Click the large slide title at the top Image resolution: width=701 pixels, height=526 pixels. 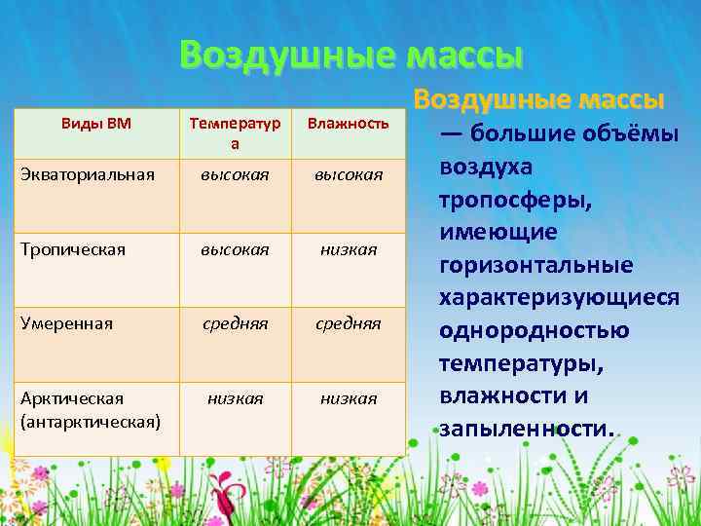pos(350,55)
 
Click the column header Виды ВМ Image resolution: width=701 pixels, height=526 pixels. pos(95,123)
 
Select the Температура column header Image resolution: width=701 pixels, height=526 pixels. pos(235,132)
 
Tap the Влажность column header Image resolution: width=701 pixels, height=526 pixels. pos(348,123)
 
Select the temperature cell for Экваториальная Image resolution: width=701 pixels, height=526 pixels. pos(235,174)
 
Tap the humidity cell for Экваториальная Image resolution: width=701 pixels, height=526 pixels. pos(348,174)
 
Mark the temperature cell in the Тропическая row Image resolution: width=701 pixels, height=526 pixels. pos(235,249)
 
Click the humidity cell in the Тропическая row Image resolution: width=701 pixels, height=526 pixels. pos(348,249)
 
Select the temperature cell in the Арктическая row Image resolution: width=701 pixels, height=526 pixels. pos(235,398)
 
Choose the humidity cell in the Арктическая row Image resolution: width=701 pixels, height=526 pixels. pos(348,398)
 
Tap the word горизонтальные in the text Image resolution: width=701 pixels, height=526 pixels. pos(536,265)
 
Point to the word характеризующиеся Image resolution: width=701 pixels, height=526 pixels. pos(559,298)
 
